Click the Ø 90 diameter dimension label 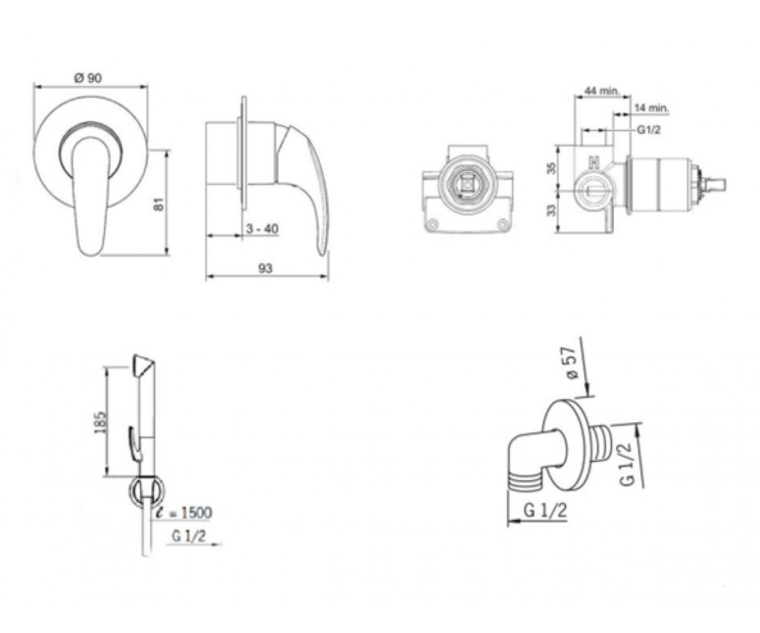(88, 77)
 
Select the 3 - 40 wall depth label (262, 229)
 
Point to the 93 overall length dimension (265, 268)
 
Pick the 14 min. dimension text (652, 108)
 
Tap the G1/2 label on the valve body (649, 130)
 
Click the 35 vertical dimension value (552, 168)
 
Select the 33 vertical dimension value (552, 210)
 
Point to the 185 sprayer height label (99, 422)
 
